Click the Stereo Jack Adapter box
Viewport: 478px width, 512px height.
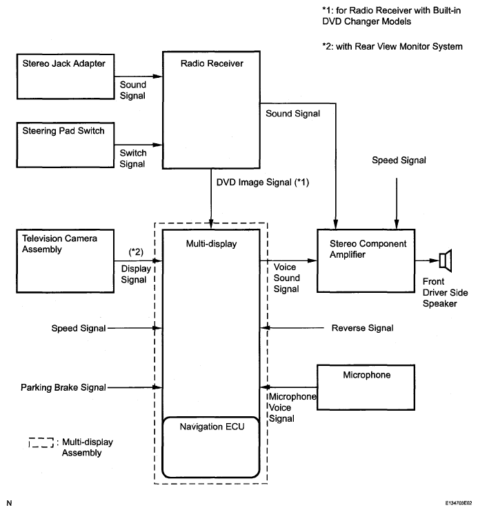[x=66, y=76]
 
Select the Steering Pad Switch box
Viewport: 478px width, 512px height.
[x=66, y=145]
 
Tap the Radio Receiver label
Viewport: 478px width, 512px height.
[x=212, y=63]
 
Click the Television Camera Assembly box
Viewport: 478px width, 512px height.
[x=66, y=261]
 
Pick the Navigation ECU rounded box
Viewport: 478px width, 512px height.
[x=211, y=447]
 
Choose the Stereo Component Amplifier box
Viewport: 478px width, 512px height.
[x=366, y=260]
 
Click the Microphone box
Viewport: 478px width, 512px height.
[x=366, y=387]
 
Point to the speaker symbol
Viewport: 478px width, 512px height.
[x=446, y=260]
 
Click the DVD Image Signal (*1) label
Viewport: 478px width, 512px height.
[x=263, y=182]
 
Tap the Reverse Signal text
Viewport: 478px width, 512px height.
[x=362, y=328]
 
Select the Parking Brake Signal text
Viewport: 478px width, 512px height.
[x=63, y=387]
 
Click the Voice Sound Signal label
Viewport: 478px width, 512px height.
[x=286, y=278]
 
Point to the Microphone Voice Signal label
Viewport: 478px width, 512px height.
[x=292, y=407]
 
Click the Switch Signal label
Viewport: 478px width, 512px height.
[x=132, y=158]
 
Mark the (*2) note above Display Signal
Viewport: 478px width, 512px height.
[x=136, y=252]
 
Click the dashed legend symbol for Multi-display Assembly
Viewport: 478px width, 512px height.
[x=41, y=443]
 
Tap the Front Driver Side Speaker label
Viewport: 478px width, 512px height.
[x=445, y=292]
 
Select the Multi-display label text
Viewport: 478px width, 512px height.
[x=211, y=243]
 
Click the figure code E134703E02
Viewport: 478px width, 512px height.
[x=459, y=503]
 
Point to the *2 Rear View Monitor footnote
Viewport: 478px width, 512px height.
[x=392, y=46]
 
